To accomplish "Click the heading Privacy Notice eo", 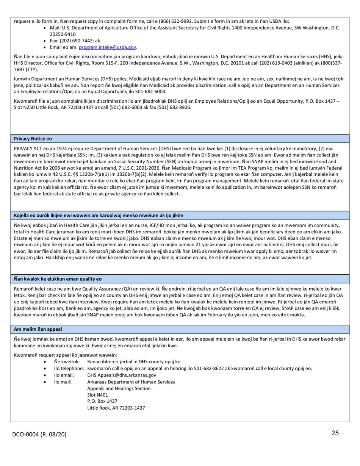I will [x=33, y=139].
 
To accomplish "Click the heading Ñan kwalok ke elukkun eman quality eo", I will [x=58, y=279].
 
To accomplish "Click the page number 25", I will [x=335, y=433].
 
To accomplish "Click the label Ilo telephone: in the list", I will [x=69, y=368].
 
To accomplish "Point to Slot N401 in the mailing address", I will [x=97, y=395].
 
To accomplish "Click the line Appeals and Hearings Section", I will [x=119, y=388].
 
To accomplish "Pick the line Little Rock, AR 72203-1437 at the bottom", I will [x=116, y=408].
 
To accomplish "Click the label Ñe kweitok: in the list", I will [x=67, y=362].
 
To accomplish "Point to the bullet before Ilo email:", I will [x=45, y=375].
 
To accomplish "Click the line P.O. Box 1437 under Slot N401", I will [x=102, y=401].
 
